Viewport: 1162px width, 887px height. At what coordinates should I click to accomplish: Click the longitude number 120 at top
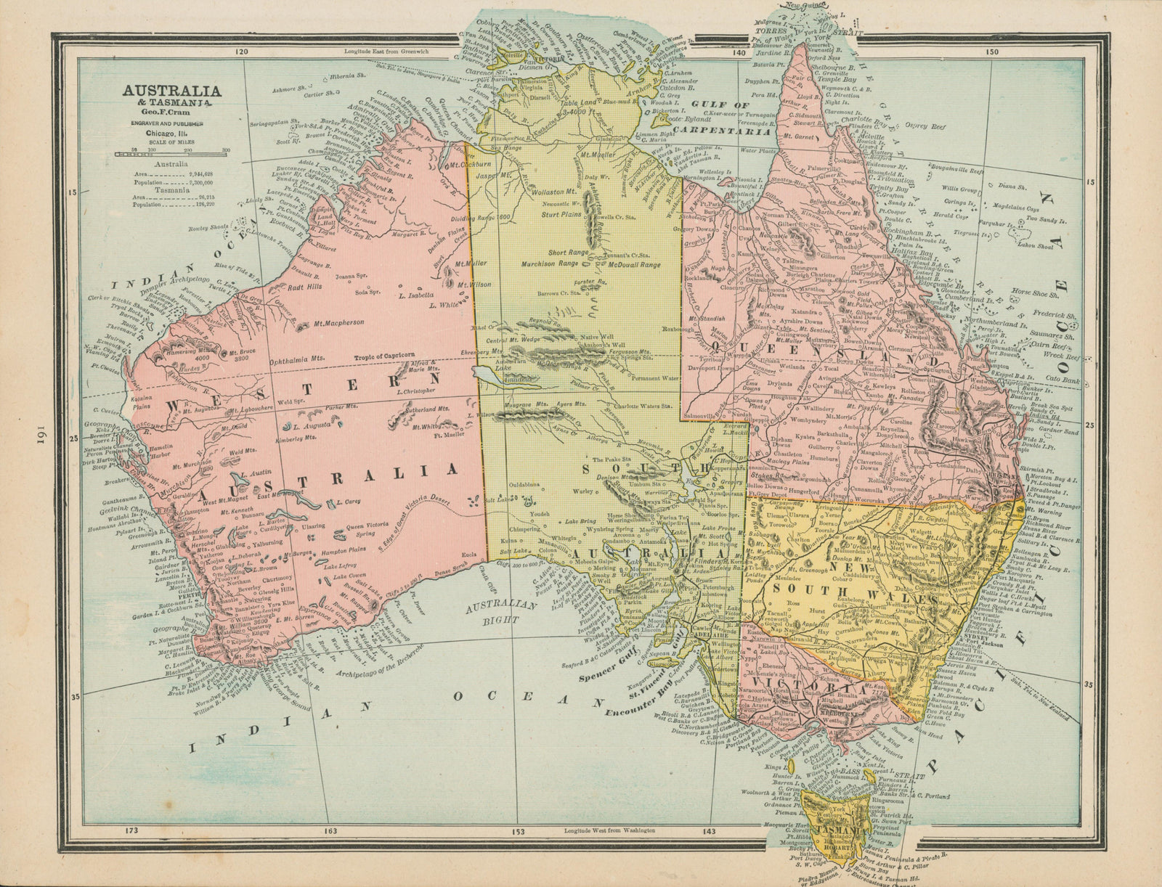pos(242,52)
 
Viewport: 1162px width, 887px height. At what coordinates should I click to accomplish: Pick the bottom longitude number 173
pos(131,830)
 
